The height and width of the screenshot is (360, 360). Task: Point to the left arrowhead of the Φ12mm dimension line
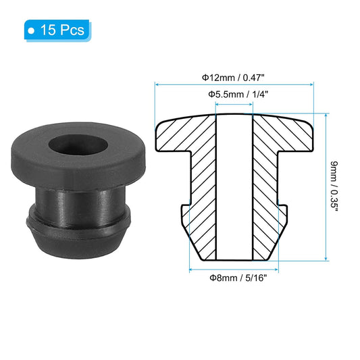158,85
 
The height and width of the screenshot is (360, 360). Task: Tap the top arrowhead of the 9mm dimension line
326,115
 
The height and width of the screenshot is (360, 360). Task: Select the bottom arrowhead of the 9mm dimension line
326,259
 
